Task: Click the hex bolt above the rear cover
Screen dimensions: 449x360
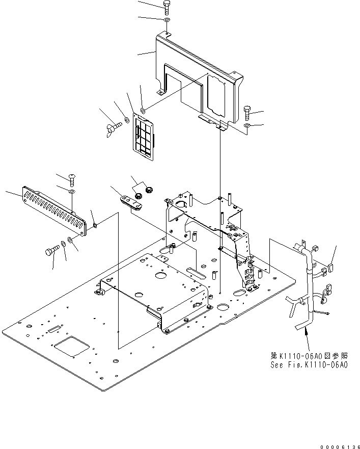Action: click(x=167, y=7)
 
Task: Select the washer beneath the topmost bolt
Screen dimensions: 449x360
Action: click(x=167, y=20)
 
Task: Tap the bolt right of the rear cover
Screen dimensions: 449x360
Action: click(x=247, y=110)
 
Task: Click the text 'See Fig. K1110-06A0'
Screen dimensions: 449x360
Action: click(x=309, y=365)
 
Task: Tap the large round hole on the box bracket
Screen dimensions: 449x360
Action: click(x=160, y=275)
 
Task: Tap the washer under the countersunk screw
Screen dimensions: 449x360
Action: click(x=72, y=191)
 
